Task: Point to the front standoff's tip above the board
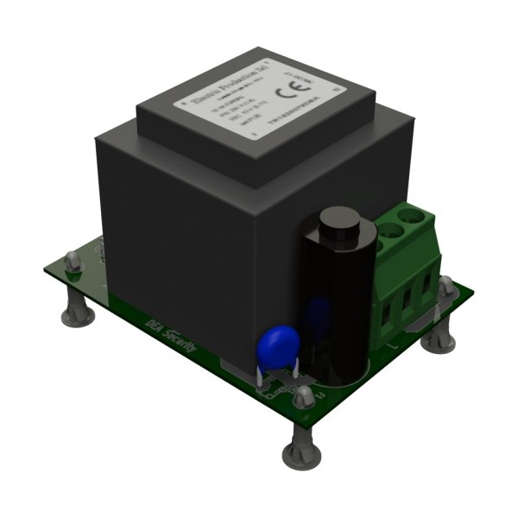tap(303, 396)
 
